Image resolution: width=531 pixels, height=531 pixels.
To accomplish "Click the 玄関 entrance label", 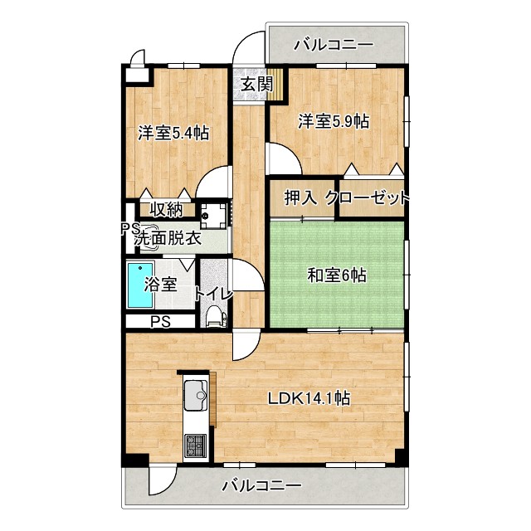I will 257,84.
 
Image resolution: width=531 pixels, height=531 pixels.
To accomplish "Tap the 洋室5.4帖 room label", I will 173,133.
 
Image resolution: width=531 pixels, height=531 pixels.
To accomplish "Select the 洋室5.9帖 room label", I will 334,121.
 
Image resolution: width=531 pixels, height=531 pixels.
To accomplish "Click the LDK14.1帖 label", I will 308,397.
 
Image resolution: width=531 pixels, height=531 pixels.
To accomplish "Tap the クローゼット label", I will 368,197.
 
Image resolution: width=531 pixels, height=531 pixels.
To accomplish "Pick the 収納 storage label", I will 166,208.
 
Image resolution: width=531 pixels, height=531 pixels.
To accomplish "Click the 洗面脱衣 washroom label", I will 168,237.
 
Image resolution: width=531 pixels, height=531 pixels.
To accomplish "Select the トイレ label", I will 213,292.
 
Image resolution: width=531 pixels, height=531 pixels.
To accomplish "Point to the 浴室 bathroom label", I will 160,284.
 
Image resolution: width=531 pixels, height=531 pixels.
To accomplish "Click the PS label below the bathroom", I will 160,322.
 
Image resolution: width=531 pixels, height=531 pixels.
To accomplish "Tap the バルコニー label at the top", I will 334,44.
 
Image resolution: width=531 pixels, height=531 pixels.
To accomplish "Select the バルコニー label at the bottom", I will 261,486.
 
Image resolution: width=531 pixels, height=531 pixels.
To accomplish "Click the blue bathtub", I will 136,285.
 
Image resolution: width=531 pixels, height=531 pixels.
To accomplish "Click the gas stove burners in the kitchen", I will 195,446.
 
